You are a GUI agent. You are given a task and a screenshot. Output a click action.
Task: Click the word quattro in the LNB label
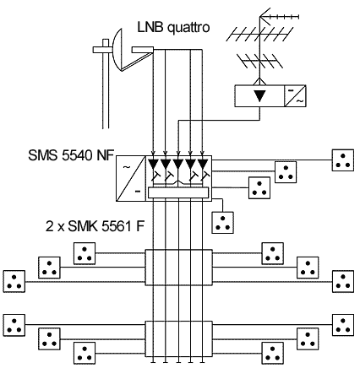[x=188, y=28]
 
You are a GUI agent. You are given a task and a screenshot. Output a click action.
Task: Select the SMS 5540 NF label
[x=71, y=155]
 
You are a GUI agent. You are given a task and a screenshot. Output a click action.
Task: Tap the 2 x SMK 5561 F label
[x=95, y=225]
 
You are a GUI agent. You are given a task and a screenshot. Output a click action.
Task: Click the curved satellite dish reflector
[x=117, y=50]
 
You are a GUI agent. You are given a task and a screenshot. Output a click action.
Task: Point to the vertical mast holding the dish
[x=106, y=84]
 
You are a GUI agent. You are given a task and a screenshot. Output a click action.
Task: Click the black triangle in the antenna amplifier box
[x=259, y=95]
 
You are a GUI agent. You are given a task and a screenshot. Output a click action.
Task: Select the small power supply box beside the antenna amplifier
[x=295, y=95]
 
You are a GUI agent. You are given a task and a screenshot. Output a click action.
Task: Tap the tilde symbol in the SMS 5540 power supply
[x=127, y=167]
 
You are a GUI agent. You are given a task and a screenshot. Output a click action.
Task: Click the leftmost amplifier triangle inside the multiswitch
[x=153, y=164]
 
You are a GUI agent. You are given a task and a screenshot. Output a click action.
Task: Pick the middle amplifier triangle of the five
[x=178, y=164]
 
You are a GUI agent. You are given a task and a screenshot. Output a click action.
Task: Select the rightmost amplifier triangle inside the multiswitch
[x=203, y=164]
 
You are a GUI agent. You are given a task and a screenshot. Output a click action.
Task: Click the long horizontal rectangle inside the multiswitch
[x=178, y=192]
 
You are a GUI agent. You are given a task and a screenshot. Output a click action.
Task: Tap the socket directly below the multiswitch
[x=223, y=223]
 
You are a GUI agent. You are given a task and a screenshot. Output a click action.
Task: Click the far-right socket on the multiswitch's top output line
[x=343, y=160]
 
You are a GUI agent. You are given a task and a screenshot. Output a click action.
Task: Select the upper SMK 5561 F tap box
[x=178, y=268]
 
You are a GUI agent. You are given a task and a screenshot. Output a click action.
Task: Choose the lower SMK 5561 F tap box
[x=178, y=339]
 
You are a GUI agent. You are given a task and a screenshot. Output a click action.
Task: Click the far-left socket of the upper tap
[x=14, y=281]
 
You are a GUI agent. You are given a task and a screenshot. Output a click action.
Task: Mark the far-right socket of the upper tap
[x=343, y=281]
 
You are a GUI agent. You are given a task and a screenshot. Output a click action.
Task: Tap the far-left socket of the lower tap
[x=14, y=325]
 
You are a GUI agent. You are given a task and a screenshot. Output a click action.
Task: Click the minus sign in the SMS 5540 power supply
[x=138, y=192]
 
